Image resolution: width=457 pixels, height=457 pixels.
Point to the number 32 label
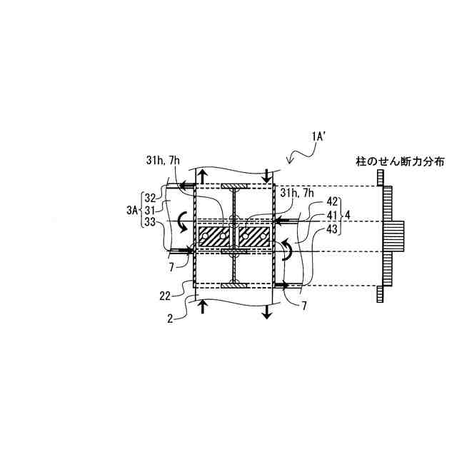(150, 198)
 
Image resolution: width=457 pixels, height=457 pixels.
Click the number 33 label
(150, 222)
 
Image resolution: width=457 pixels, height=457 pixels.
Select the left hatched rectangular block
(214, 236)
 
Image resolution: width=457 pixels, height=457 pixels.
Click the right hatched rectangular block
(254, 236)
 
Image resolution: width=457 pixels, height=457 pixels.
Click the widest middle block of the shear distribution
(394, 236)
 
